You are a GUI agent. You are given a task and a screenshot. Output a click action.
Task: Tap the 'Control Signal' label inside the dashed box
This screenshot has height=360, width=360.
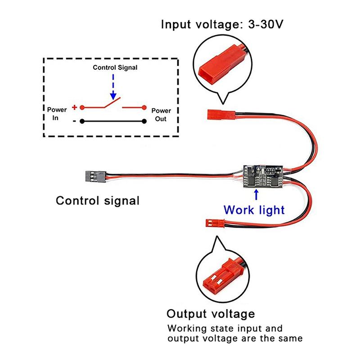click(115, 67)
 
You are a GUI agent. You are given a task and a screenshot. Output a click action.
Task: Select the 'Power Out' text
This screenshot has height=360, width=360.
click(161, 115)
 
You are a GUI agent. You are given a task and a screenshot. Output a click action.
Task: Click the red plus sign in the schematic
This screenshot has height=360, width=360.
click(74, 108)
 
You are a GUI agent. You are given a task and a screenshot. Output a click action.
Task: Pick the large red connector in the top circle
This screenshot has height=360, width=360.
click(215, 69)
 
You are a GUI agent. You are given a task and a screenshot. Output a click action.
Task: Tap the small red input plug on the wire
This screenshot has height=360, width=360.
click(215, 113)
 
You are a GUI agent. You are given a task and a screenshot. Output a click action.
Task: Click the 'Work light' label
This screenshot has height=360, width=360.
click(254, 210)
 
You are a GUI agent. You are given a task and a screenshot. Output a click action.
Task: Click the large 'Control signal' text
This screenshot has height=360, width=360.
click(98, 200)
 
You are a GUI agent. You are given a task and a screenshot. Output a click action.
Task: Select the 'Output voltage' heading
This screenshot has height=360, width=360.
click(211, 314)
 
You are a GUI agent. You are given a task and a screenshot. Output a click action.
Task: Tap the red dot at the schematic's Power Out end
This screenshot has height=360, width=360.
click(144, 108)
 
